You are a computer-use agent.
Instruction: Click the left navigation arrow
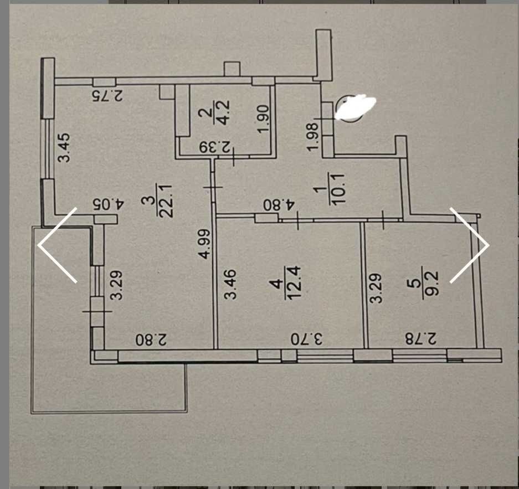click(57, 245)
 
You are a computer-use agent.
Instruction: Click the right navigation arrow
click(470, 245)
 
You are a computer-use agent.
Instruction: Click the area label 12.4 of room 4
click(291, 282)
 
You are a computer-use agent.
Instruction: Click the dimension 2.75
click(106, 95)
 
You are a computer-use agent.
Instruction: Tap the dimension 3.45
click(65, 147)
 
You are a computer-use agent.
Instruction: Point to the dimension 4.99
click(205, 243)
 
